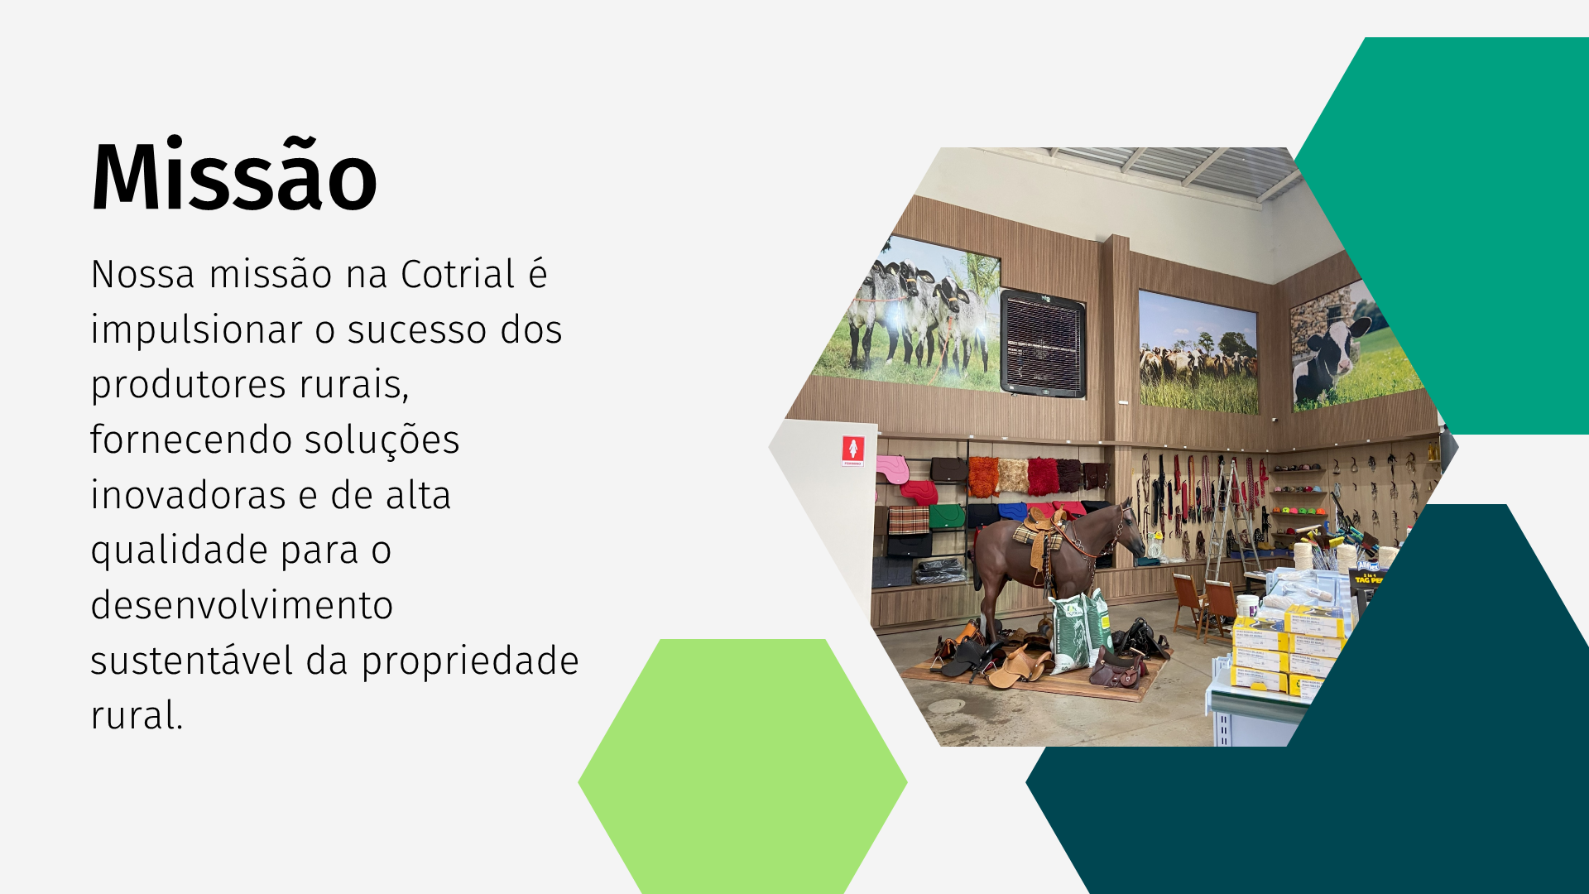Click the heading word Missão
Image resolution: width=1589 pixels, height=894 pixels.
234,176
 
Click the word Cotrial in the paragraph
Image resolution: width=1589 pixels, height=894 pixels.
458,274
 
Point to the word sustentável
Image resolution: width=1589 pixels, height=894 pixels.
192,661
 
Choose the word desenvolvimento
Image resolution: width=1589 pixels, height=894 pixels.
242,605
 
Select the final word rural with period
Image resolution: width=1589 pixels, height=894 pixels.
137,715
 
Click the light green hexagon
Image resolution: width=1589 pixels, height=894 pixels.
742,766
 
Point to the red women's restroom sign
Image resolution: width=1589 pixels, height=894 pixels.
853,450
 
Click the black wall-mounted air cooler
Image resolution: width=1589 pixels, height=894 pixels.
1043,344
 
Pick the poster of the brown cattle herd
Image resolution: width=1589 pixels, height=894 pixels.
1198,352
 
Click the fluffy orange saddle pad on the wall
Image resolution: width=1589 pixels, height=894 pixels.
984,476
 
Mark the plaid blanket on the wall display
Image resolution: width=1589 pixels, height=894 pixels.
909,521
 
